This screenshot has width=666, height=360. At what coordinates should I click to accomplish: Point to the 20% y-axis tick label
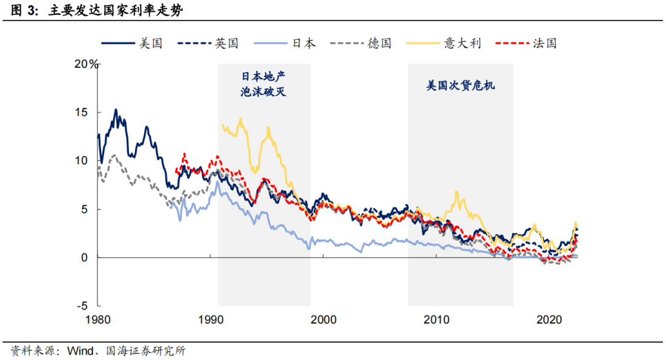click(86, 65)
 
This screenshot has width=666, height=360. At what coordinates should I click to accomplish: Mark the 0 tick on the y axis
click(86, 258)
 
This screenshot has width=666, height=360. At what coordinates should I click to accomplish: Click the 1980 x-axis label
click(98, 320)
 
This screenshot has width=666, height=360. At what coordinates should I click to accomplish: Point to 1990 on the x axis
click(211, 320)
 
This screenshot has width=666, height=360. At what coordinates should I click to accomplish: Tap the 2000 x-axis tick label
click(323, 320)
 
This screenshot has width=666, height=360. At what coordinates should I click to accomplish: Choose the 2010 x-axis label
click(436, 320)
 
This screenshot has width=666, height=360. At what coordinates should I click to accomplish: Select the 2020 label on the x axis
click(548, 320)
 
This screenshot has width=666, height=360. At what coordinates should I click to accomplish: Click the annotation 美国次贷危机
click(461, 86)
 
